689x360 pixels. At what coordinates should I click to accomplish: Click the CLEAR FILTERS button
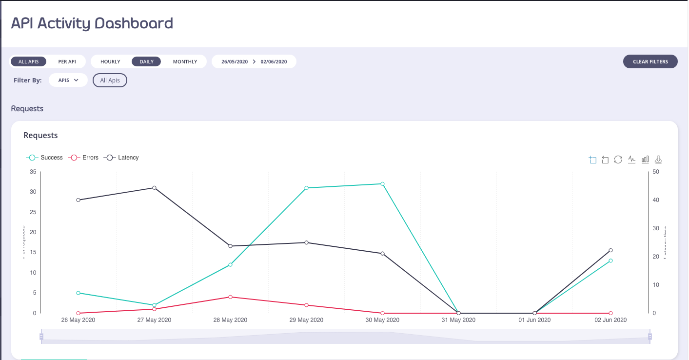650,62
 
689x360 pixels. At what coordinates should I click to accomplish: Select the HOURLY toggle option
110,62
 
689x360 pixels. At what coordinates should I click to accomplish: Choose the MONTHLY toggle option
185,62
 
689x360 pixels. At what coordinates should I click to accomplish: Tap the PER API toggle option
67,62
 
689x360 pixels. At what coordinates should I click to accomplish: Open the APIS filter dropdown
68,80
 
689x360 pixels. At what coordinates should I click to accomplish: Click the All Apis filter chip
110,80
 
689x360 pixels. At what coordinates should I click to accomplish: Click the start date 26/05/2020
235,62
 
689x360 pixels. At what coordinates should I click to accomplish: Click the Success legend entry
45,158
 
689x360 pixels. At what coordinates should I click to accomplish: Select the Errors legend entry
84,158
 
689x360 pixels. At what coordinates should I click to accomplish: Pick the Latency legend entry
122,158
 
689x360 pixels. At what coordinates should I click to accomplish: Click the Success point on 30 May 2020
382,184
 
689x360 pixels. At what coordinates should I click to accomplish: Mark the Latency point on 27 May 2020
154,188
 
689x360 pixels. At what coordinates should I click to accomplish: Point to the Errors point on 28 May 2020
230,297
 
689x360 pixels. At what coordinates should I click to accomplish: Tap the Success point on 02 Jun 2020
610,260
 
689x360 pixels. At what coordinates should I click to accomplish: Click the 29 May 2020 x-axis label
306,320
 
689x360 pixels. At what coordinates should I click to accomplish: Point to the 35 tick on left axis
33,172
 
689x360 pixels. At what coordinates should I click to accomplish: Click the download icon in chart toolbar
658,160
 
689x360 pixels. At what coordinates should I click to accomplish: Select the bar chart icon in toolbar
645,160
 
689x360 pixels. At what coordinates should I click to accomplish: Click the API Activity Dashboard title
92,23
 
